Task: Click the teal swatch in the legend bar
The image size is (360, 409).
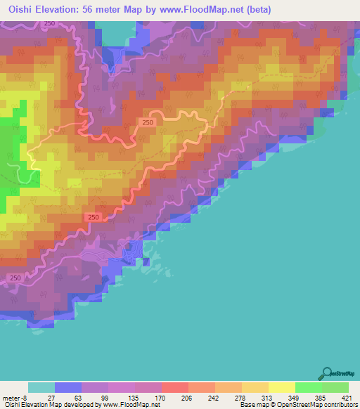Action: [41, 388]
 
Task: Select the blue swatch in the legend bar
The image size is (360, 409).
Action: [68, 388]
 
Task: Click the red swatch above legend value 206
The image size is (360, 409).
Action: [174, 388]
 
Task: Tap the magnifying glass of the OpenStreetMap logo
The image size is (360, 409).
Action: [327, 372]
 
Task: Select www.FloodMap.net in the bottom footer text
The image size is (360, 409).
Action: [129, 404]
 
